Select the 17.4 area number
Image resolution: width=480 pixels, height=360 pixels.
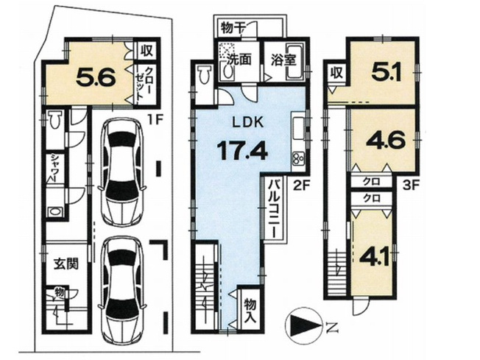241,152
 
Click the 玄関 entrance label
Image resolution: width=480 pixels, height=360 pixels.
60,263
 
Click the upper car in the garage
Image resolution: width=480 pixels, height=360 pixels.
123,172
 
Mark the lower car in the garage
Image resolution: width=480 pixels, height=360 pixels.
123,285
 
